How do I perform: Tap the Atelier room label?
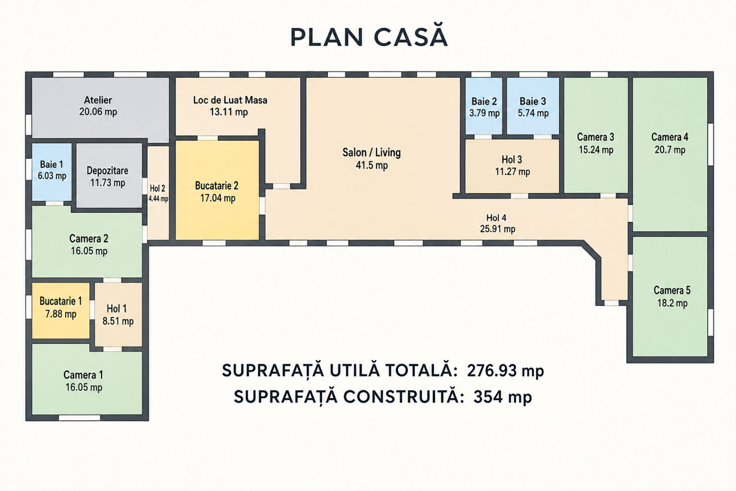click(98, 100)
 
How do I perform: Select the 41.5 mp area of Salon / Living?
click(372, 165)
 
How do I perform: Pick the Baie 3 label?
click(533, 101)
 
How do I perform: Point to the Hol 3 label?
click(512, 159)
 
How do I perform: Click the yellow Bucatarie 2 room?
click(217, 190)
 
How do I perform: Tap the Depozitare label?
click(107, 171)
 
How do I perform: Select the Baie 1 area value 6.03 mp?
click(52, 176)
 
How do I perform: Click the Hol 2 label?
click(158, 188)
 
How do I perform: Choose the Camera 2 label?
click(89, 239)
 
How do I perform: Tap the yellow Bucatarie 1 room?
click(61, 311)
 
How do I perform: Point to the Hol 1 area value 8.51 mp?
click(118, 321)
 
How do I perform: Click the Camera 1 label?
click(83, 375)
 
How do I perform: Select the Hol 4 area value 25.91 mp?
click(498, 229)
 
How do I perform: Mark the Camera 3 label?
click(596, 137)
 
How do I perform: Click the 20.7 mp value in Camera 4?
click(670, 150)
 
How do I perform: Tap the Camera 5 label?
click(672, 290)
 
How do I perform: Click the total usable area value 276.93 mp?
click(505, 371)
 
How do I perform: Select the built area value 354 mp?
click(503, 397)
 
